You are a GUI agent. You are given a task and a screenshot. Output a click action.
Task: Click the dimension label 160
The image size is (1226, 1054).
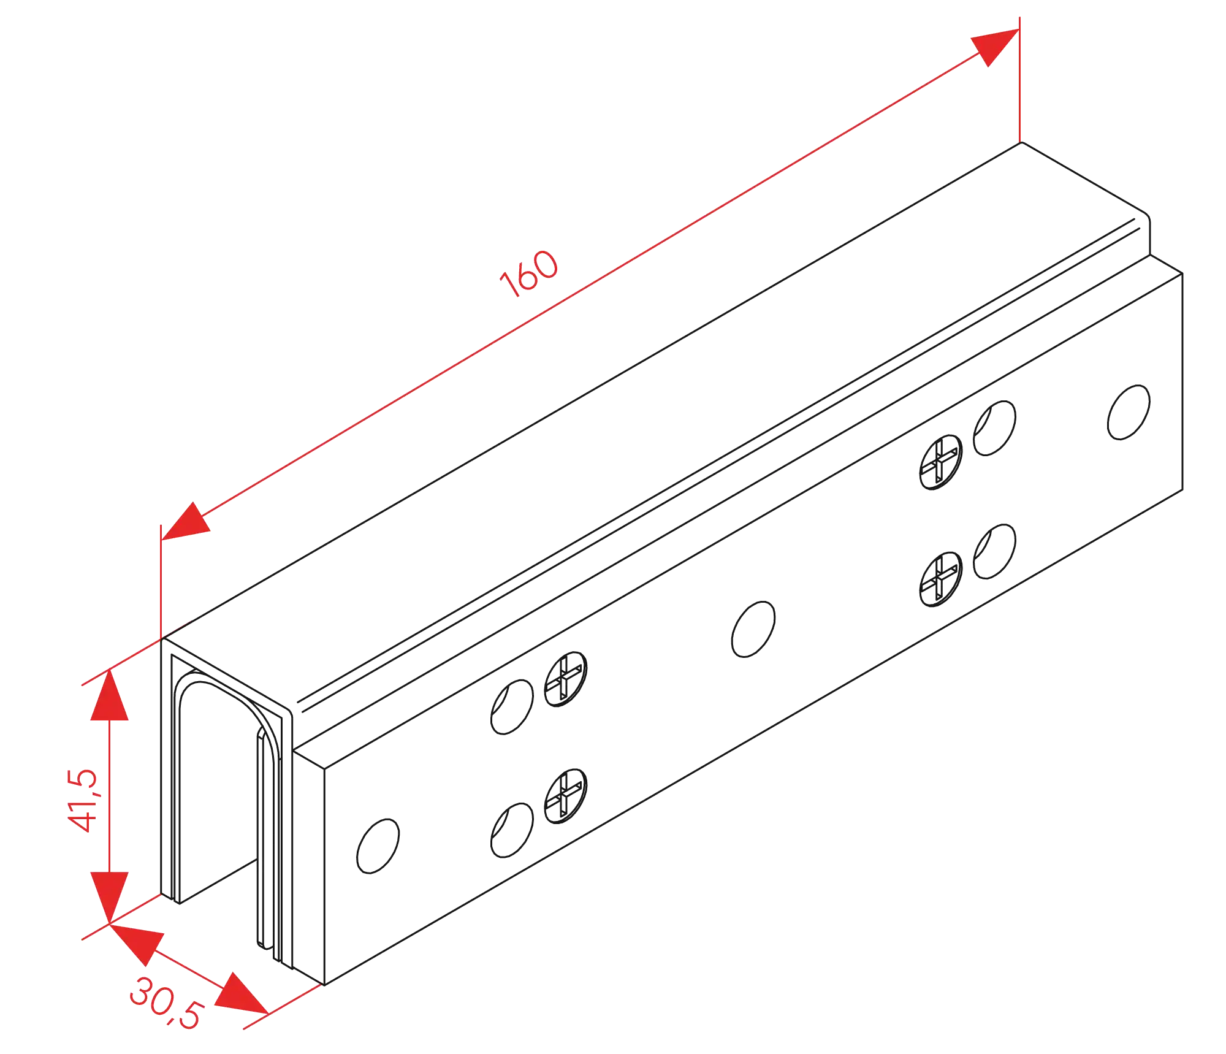528,273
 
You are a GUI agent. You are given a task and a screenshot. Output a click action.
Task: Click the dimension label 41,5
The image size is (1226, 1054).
82,800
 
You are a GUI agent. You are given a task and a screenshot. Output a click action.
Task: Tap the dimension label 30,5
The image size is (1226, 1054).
164,1004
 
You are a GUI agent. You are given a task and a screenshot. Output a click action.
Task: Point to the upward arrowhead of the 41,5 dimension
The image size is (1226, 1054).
109,696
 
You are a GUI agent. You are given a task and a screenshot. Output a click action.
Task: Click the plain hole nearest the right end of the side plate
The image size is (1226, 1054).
1127,412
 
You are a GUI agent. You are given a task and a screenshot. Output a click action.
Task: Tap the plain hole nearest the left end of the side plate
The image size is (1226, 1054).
378,846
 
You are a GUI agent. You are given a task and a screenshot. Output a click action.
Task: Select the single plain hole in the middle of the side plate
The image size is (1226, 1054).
753,629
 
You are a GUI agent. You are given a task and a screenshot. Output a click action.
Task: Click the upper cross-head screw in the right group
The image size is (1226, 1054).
941,460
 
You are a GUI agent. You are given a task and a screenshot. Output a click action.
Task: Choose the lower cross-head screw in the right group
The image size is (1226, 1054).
941,579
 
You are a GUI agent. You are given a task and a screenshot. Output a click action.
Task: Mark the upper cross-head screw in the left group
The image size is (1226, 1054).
566,678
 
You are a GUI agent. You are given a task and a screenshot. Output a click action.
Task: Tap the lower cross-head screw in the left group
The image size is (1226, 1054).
566,796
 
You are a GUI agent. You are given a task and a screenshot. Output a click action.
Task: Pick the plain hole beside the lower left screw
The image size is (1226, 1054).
511,829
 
